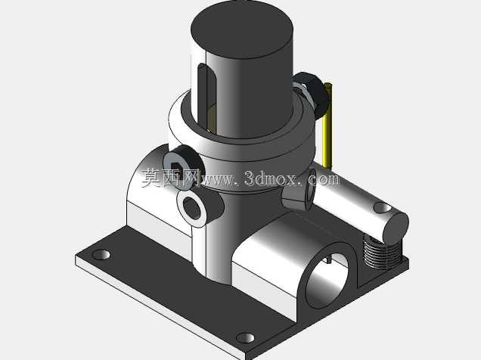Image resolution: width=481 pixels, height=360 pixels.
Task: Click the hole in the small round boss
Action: [191, 208]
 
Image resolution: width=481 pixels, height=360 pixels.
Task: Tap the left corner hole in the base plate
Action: [101, 255]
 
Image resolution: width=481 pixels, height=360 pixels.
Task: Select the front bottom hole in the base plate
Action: [245, 338]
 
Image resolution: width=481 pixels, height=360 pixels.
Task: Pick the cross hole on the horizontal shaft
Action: [382, 208]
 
